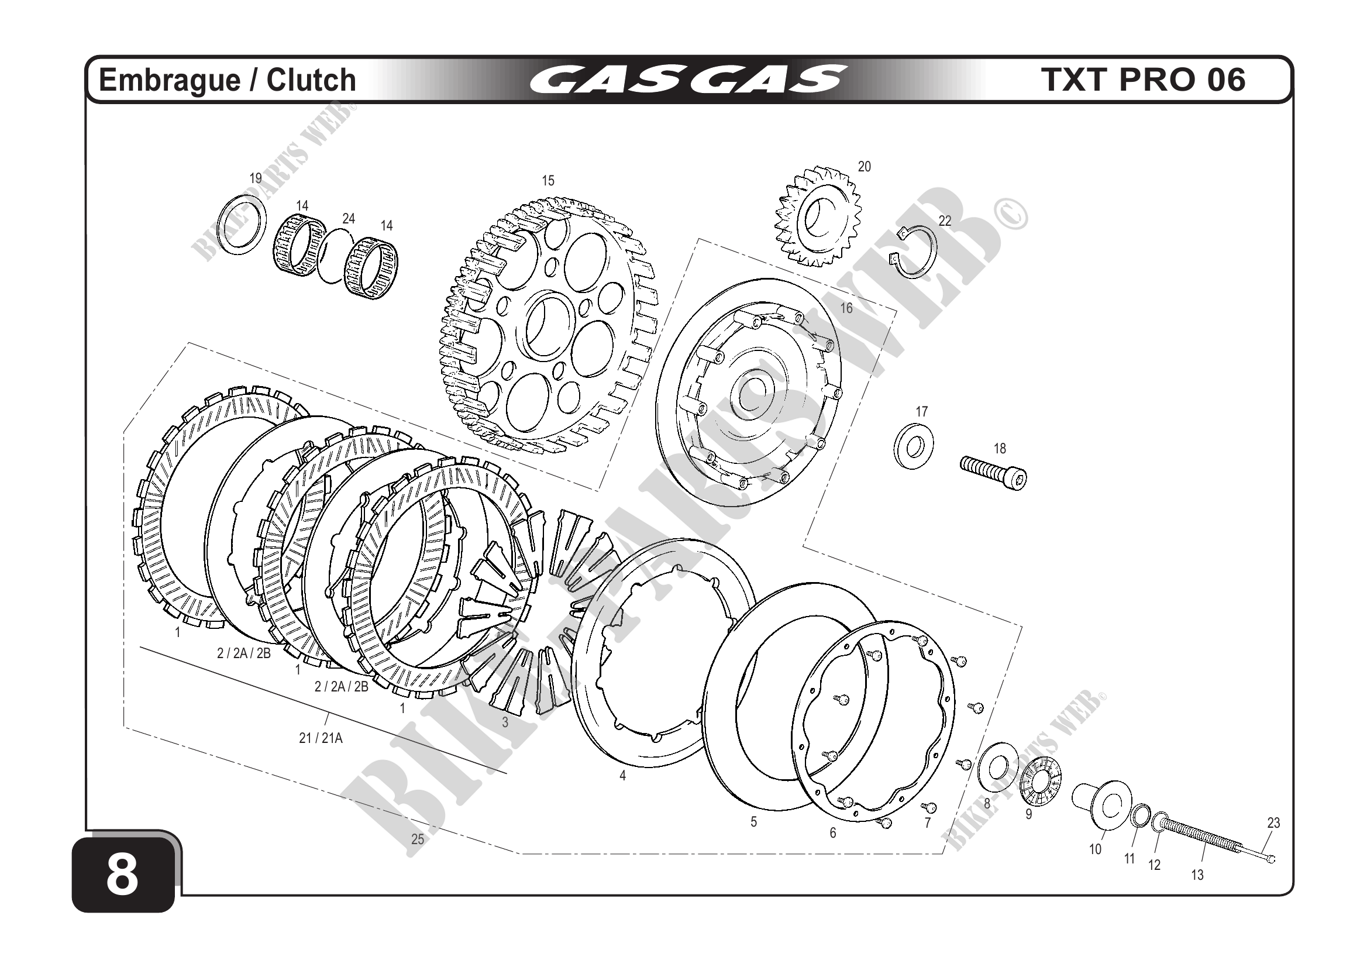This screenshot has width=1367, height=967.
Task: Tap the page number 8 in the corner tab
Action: click(122, 876)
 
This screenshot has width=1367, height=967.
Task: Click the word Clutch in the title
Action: click(311, 80)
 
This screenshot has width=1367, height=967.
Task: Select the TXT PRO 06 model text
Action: click(1144, 80)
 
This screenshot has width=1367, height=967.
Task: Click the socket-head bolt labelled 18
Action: click(994, 472)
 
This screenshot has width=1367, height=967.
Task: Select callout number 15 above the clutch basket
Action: click(548, 180)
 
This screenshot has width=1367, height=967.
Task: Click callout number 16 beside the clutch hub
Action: click(846, 308)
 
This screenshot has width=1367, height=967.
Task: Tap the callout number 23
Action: click(1273, 823)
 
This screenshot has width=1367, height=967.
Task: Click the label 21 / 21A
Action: click(321, 738)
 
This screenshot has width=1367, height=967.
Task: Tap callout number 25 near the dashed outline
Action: click(418, 839)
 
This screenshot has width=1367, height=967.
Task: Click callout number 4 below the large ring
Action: click(623, 776)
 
